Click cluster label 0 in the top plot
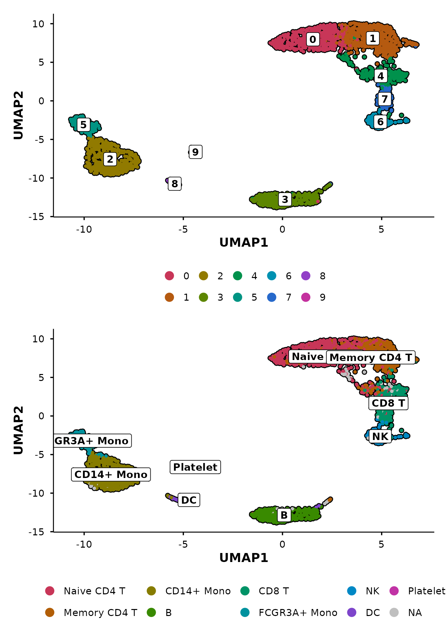pos(313,39)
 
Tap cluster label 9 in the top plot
pos(195,152)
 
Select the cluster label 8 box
pos(175,184)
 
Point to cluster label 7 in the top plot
pos(385,99)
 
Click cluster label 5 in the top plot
pos(83,125)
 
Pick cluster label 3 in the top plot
pos(285,199)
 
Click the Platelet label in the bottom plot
pos(195,467)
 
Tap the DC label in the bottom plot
pos(189,500)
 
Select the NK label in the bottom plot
pos(380,436)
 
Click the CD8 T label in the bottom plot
pos(388,403)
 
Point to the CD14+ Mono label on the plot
pos(111,474)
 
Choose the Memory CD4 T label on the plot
pos(371,357)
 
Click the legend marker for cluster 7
pos(272,297)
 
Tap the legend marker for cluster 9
pos(306,297)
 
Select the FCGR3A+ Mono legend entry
pos(298,613)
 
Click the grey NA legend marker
pos(394,613)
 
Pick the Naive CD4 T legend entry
pos(94,591)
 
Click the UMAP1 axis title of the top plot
pos(244,243)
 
